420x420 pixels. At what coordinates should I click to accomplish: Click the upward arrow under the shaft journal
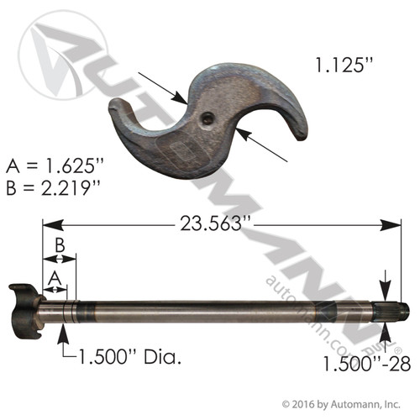(x=62, y=331)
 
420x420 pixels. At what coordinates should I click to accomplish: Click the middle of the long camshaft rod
(x=218, y=311)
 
